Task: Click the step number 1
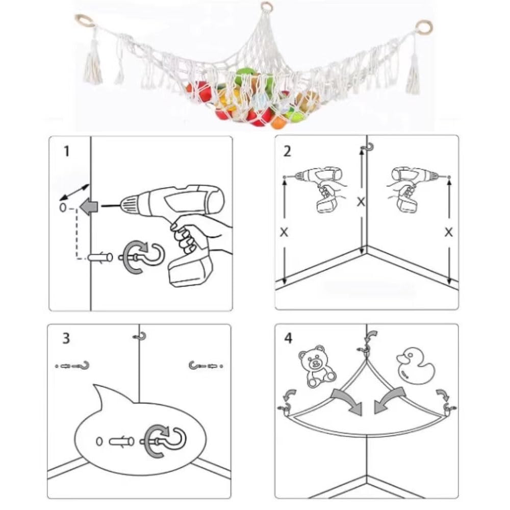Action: [x=67, y=151]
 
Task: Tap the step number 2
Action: [x=287, y=151]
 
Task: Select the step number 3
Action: [x=66, y=338]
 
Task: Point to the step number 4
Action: [x=288, y=338]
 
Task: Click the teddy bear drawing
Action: [x=317, y=366]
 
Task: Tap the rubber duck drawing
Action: [x=415, y=366]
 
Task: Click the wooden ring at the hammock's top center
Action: [x=267, y=6]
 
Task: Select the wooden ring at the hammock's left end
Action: [x=85, y=21]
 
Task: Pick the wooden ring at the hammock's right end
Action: [x=424, y=27]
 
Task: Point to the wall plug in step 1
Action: [x=100, y=258]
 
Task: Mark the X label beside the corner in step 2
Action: [x=361, y=202]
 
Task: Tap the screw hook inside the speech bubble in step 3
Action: [x=163, y=441]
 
